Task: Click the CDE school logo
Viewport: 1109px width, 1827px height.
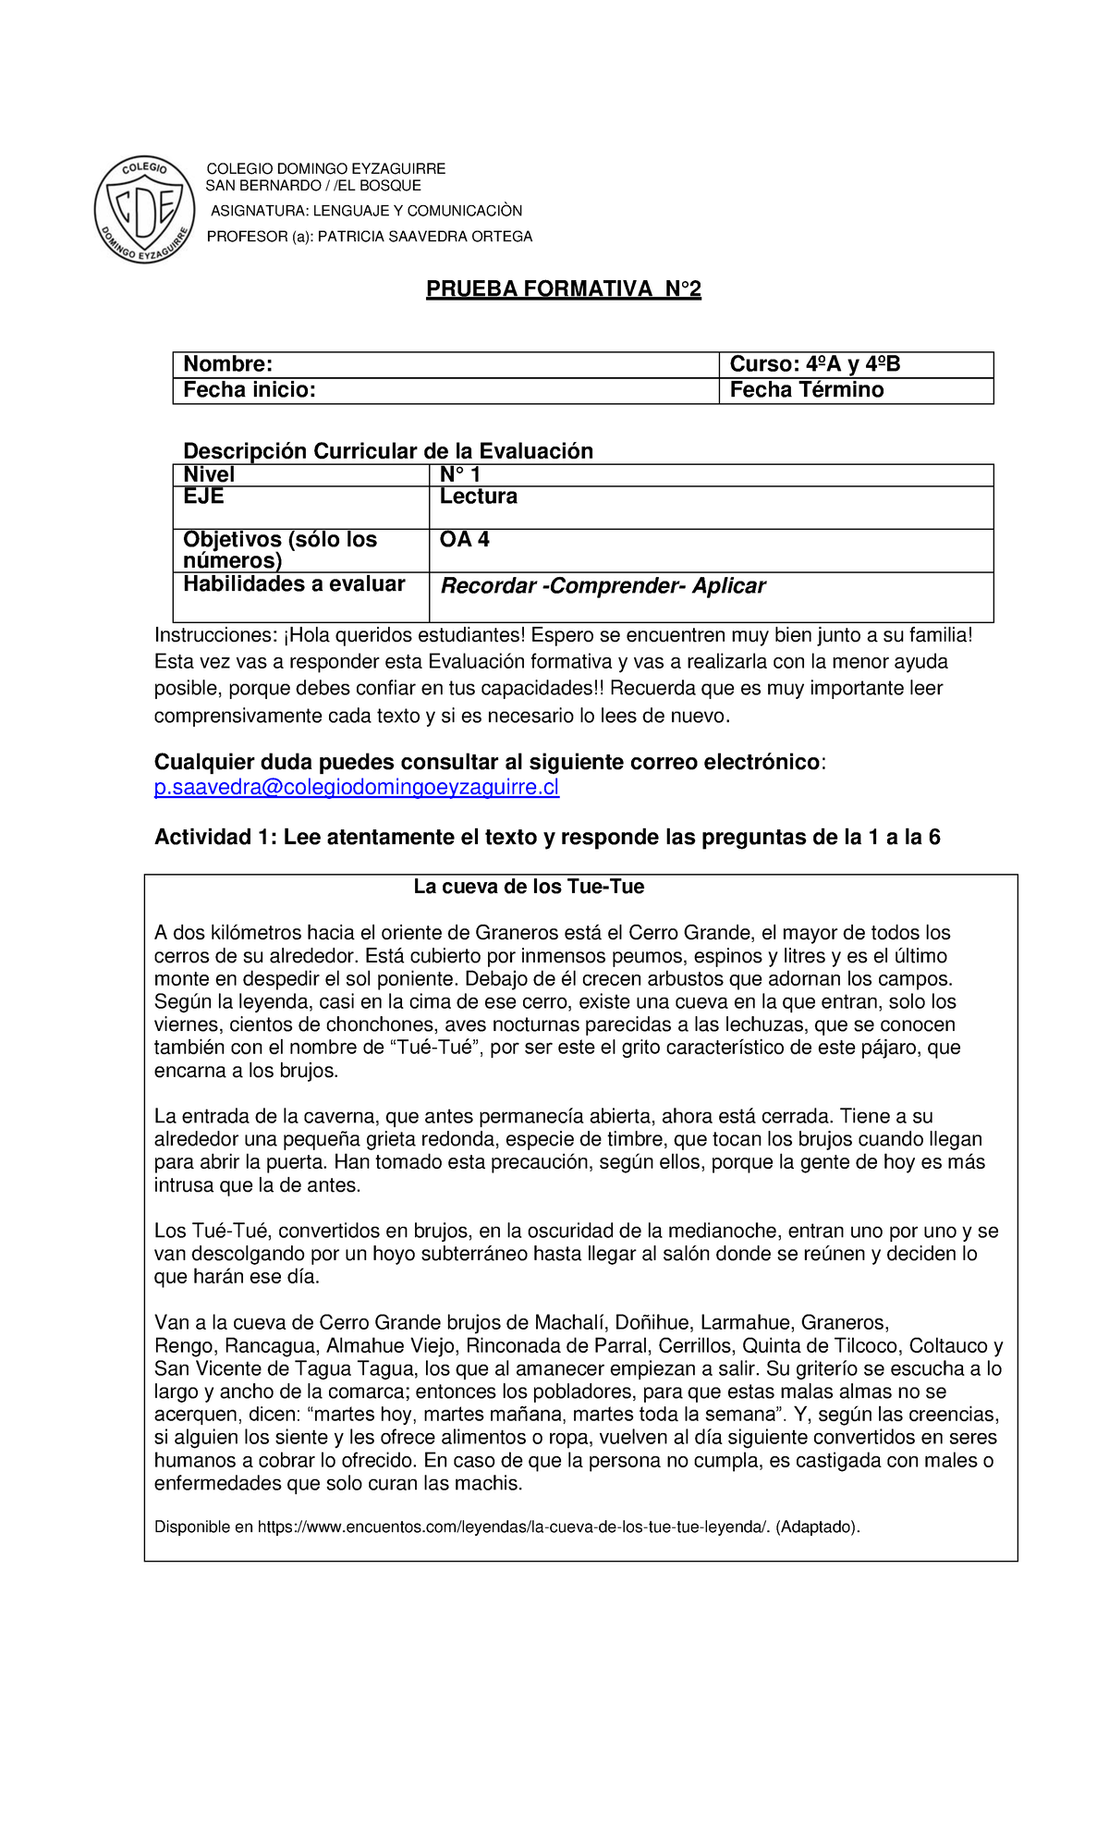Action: click(145, 209)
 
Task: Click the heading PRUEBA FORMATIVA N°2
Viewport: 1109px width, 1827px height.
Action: click(563, 289)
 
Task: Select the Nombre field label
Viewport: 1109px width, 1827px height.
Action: click(227, 364)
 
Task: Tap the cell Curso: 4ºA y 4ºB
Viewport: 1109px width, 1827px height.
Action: click(814, 364)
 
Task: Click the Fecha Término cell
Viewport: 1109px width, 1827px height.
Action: click(806, 390)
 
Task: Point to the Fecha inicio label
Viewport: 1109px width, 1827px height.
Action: click(250, 390)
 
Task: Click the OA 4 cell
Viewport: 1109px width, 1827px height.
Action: click(465, 540)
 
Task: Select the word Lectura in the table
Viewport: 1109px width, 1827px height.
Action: click(478, 497)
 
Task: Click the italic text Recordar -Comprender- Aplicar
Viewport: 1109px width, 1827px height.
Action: click(603, 586)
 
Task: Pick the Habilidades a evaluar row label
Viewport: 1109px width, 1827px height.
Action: click(294, 584)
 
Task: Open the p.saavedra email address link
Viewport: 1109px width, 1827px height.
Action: click(356, 788)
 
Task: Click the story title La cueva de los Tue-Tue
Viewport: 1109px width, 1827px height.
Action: click(529, 887)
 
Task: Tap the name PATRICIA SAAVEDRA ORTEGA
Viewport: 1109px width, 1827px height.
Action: click(425, 237)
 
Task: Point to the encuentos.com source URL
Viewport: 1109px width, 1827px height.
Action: click(513, 1527)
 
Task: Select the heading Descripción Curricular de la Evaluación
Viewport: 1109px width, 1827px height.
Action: click(388, 451)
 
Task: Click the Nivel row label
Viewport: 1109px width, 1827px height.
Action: click(209, 474)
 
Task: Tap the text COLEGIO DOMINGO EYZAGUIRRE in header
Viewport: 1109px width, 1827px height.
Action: click(325, 168)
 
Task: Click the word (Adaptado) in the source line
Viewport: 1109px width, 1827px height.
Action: click(817, 1527)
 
